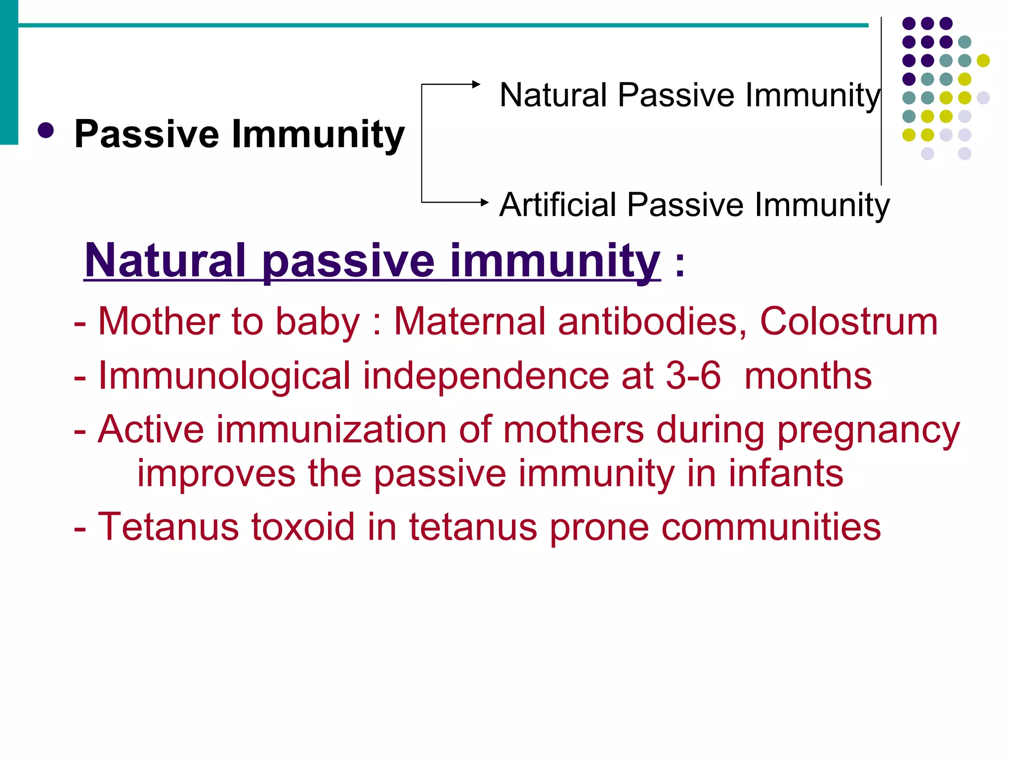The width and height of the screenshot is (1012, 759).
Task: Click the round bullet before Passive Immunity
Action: (x=45, y=131)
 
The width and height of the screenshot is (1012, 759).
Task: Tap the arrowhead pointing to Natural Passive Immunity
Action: (x=476, y=84)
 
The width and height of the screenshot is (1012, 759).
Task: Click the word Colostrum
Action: (x=848, y=322)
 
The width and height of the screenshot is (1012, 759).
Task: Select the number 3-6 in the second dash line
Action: (x=693, y=376)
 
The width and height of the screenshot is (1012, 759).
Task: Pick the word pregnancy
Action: (x=868, y=430)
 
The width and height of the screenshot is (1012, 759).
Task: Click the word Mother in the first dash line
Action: (x=158, y=322)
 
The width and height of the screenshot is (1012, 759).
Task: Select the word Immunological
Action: (x=224, y=376)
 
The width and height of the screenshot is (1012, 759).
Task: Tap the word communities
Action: (x=771, y=527)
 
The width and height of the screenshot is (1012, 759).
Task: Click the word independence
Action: (x=486, y=376)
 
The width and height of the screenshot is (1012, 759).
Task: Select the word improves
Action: (x=216, y=473)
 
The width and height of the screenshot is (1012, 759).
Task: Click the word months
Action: (x=808, y=376)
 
